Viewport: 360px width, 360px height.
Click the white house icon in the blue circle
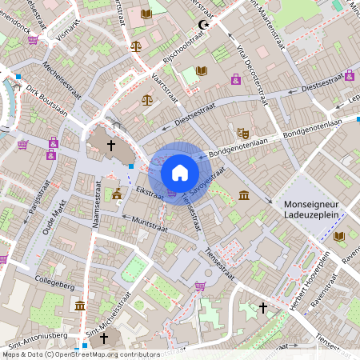click(x=180, y=173)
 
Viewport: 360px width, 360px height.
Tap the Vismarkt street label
click(x=69, y=30)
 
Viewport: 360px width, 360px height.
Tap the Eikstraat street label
click(x=150, y=193)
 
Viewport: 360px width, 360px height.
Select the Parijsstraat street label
click(x=34, y=203)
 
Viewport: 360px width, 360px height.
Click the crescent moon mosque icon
click(x=202, y=26)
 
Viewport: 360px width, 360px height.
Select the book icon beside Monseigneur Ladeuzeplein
click(x=339, y=236)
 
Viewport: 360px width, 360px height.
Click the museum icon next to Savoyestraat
click(x=243, y=196)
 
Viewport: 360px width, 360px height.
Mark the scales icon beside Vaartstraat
click(x=146, y=99)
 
